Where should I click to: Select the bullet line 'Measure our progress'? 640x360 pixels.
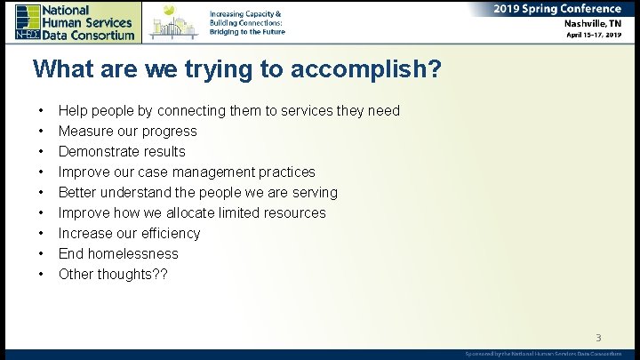coord(127,132)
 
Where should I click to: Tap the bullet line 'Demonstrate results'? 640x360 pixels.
coord(122,152)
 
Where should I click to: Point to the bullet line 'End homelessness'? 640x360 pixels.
coord(118,254)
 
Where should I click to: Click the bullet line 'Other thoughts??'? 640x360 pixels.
coord(112,275)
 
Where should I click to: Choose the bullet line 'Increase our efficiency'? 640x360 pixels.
coord(129,234)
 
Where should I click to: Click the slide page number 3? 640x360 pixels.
coord(598,337)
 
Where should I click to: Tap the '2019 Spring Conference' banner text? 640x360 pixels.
coord(557,9)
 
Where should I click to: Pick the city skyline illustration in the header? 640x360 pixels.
coord(174,21)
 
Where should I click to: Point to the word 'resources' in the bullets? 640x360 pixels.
coord(292,213)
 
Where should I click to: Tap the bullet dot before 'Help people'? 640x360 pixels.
coord(41,111)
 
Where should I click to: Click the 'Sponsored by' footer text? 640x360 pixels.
coord(543,354)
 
